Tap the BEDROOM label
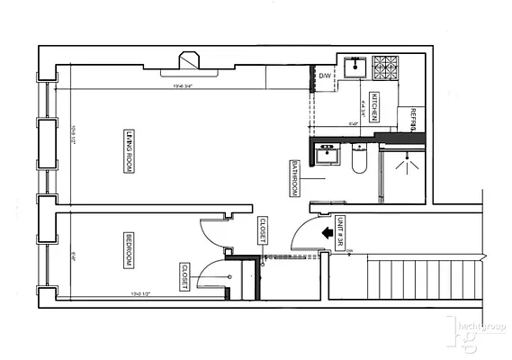(128, 250)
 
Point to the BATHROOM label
(294, 180)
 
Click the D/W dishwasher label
(325, 76)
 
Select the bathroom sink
(328, 155)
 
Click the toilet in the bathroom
(358, 161)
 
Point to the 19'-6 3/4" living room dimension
(184, 87)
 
